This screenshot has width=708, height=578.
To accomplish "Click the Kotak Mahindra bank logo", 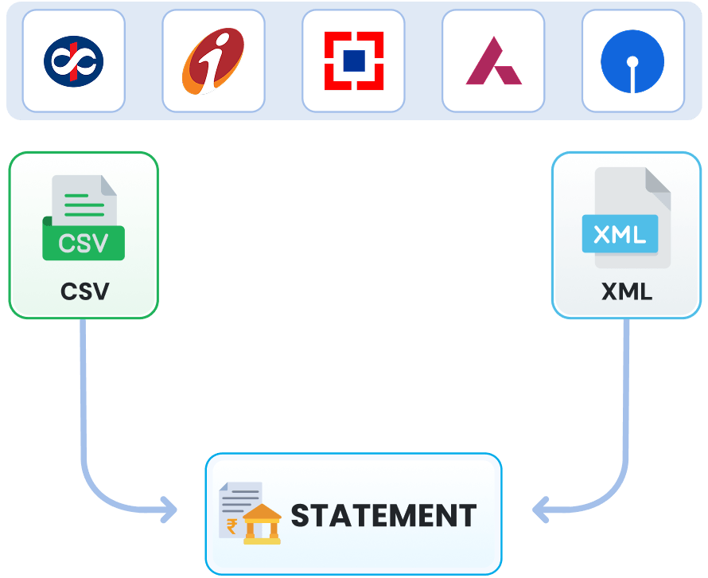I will point(73,61).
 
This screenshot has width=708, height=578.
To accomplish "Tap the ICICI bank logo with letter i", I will point(213,61).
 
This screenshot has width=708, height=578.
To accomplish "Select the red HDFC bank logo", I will point(353,61).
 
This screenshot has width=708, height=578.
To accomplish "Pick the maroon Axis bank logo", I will point(493,62).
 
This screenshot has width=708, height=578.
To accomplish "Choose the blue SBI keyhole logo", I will point(633,61).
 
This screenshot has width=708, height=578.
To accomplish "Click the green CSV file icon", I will point(84,219).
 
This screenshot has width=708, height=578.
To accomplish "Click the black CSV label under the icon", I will point(84,291).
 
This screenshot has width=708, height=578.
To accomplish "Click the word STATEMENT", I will point(383,516).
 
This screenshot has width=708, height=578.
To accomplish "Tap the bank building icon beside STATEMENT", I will point(262,525).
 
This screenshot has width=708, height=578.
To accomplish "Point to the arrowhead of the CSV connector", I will point(169,510).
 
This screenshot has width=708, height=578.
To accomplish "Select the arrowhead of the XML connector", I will point(540,510).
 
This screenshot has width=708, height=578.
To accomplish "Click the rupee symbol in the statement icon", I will point(232,525).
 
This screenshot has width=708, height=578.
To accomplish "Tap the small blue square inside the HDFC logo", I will point(354,61).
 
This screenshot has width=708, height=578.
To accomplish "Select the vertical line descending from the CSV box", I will point(82,382).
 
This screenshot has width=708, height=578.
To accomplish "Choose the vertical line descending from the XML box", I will point(627,382).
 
